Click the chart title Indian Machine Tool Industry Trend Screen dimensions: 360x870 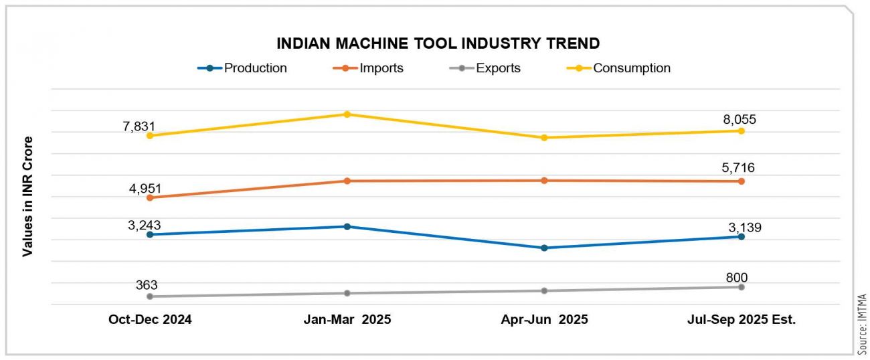click(438, 44)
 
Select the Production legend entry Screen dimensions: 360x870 click(255, 68)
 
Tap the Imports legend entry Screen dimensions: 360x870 click(381, 68)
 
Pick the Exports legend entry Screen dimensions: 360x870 click(498, 68)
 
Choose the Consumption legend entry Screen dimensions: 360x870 click(632, 68)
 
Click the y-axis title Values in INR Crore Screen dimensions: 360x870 click(28, 196)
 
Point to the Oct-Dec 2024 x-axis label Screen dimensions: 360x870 click(150, 320)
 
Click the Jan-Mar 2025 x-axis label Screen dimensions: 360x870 click(347, 320)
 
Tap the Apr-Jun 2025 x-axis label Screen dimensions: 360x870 click(544, 320)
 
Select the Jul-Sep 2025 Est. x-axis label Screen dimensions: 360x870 click(742, 320)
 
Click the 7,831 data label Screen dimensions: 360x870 click(139, 126)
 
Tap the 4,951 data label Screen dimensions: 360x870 click(145, 188)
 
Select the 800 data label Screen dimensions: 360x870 click(736, 278)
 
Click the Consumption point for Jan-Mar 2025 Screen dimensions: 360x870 click(347, 114)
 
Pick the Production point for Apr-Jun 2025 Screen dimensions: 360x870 click(544, 248)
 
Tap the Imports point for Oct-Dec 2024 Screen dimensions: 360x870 click(150, 197)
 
